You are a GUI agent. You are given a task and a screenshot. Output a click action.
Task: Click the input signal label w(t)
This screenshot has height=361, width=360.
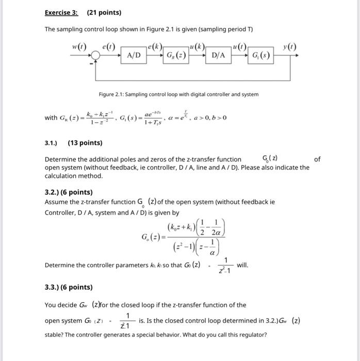(80, 47)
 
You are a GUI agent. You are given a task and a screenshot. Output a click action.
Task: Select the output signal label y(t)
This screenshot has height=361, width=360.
(290, 47)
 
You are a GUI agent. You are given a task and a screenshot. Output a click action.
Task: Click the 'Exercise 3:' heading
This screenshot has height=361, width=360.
(61, 12)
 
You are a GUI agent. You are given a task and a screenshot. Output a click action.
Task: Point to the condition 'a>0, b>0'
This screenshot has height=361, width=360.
(208, 118)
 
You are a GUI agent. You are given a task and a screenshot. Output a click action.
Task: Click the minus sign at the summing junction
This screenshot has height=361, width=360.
(93, 63)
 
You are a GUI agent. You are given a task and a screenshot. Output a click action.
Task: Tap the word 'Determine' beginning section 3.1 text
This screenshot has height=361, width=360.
(61, 159)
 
